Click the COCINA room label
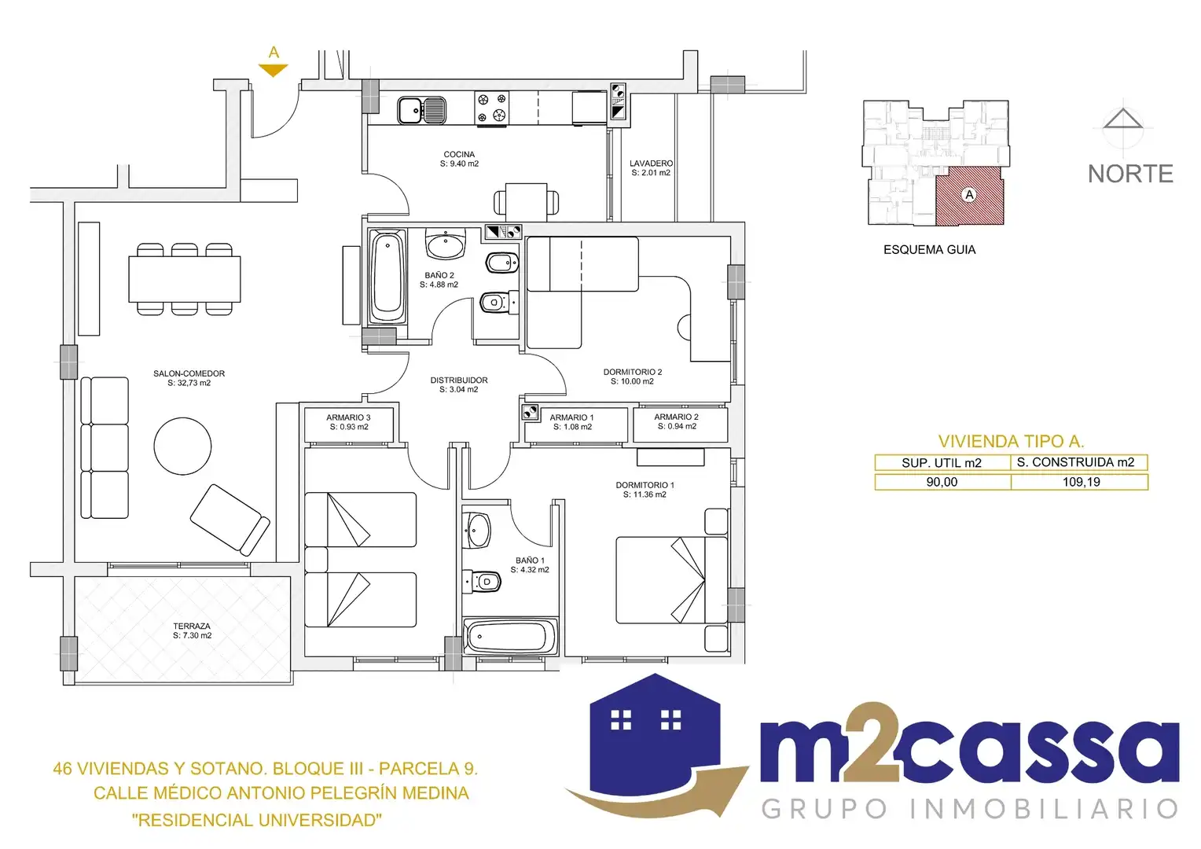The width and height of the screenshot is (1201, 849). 459,154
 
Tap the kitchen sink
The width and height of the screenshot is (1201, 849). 421,111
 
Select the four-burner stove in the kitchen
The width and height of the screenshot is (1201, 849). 492,108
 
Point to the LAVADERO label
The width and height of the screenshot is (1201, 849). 651,163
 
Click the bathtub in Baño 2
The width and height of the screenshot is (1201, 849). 387,276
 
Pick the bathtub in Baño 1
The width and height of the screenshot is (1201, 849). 510,637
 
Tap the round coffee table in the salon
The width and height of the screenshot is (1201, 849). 183,447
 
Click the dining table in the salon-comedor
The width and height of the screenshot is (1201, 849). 185,279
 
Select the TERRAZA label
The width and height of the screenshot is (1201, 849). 192,626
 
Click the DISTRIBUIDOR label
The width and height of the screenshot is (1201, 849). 459,380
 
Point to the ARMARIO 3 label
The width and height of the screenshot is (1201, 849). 348,417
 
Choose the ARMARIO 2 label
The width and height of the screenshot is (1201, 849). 676,417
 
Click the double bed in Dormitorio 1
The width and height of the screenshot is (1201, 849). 671,580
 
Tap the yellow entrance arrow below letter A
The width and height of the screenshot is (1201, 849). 274,70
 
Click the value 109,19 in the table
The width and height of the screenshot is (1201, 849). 1081,482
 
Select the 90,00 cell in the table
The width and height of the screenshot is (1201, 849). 942,482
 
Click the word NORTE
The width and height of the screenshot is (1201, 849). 1131,174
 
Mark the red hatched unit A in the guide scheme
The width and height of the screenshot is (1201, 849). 969,195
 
